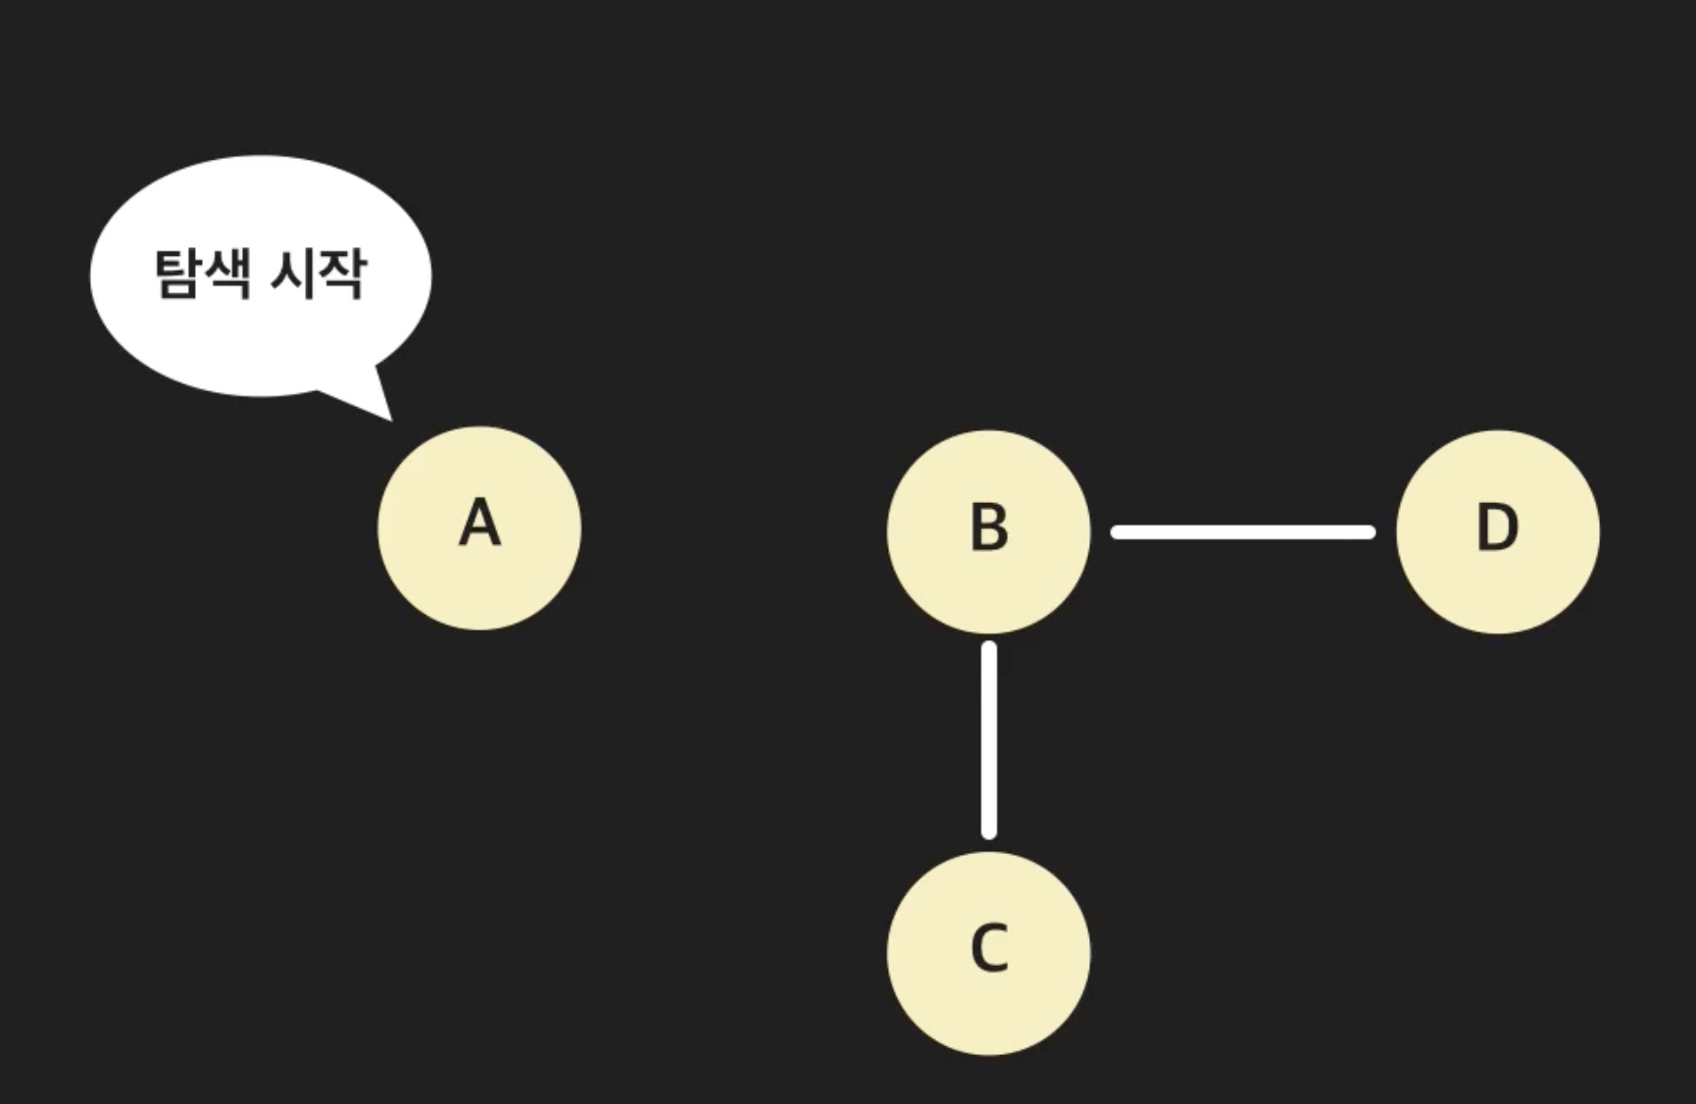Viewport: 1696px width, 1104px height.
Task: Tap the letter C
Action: pos(988,948)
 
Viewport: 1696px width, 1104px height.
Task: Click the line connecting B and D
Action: pos(1243,532)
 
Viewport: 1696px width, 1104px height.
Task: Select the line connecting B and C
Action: pos(989,740)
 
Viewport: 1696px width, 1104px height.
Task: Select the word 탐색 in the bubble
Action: pos(201,274)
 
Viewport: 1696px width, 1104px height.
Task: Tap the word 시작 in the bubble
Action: pos(317,274)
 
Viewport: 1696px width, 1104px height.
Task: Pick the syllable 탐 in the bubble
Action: pos(176,274)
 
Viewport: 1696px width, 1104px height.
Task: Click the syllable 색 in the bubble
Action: pos(226,274)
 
